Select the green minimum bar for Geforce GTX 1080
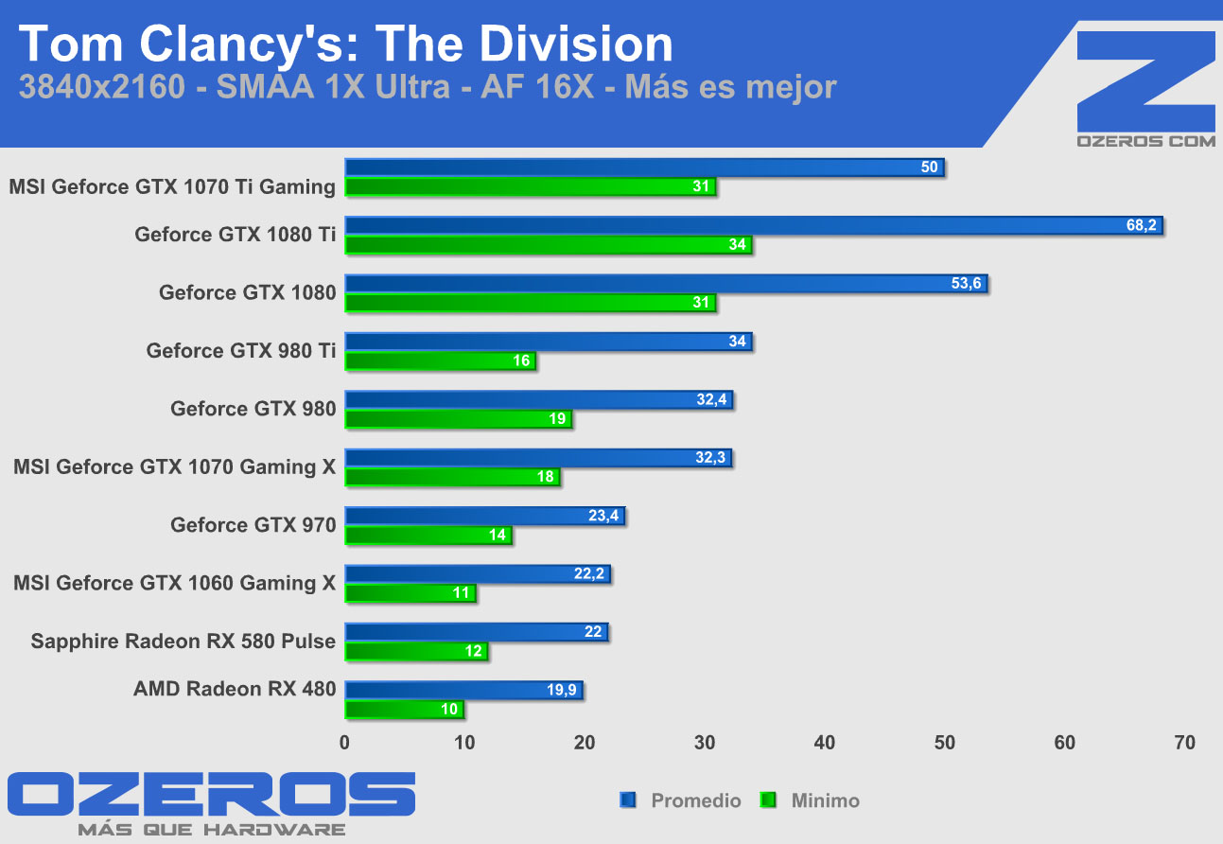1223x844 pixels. pyautogui.click(x=530, y=303)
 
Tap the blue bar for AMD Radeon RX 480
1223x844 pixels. pyautogui.click(x=463, y=691)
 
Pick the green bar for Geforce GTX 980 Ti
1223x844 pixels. pyautogui.click(x=440, y=360)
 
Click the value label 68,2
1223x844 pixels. pyautogui.click(x=1142, y=225)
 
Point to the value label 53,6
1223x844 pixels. pyautogui.click(x=965, y=283)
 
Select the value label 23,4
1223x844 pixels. pyautogui.click(x=603, y=516)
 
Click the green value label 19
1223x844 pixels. pyautogui.click(x=557, y=418)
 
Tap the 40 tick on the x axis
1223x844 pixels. pyautogui.click(x=825, y=743)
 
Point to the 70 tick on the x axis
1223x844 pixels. pyautogui.click(x=1184, y=743)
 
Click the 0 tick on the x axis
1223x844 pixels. pyautogui.click(x=345, y=743)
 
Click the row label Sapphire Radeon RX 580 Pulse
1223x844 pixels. pyautogui.click(x=183, y=641)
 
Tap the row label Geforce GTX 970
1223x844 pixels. pyautogui.click(x=253, y=524)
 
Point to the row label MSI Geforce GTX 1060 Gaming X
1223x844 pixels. pyautogui.click(x=175, y=583)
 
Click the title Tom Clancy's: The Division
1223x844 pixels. pyautogui.click(x=345, y=44)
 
